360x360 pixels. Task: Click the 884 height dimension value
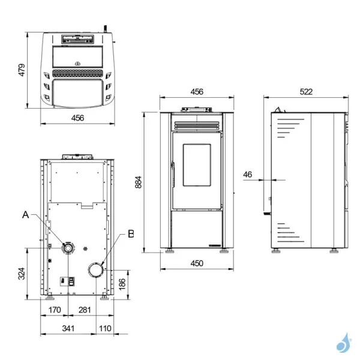point(138,181)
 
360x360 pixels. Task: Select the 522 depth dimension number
point(307,92)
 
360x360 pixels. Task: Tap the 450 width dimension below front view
point(196,263)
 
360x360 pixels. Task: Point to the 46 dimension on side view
point(248,175)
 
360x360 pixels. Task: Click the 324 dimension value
point(22,274)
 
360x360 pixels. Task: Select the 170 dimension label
point(54,310)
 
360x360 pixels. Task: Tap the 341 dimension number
point(68,328)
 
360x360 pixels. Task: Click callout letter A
point(25,214)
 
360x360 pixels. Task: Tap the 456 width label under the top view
point(77,118)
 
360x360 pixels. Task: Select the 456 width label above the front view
point(196,92)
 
